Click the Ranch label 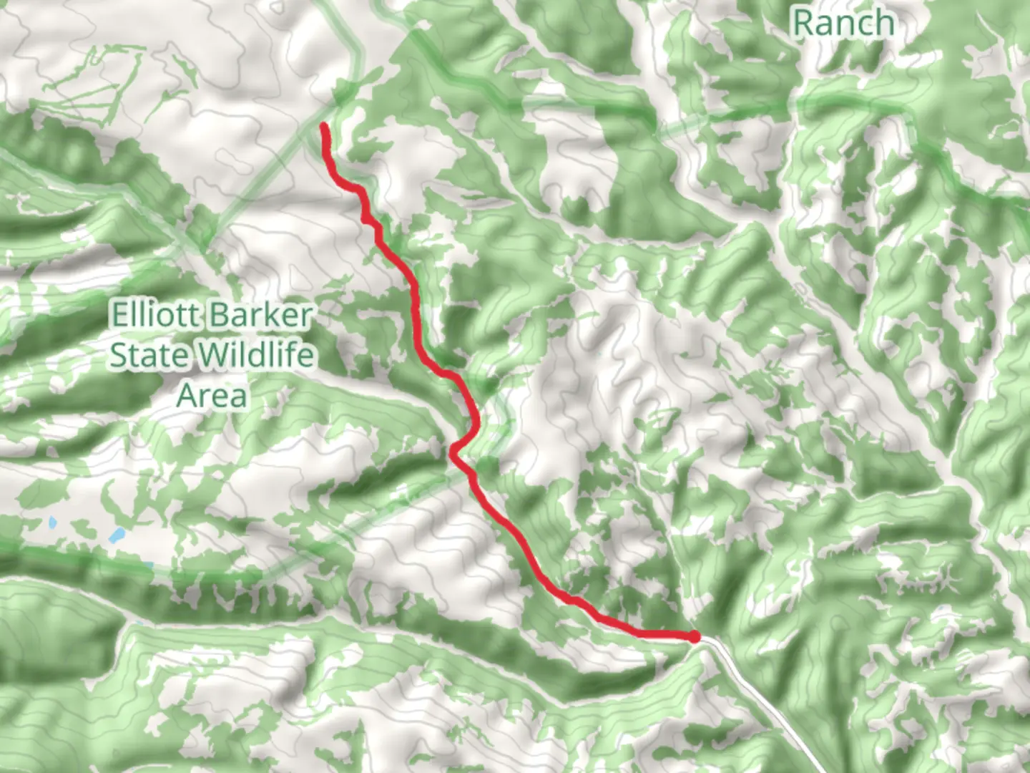click(x=843, y=23)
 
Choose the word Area click(x=212, y=395)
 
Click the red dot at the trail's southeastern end click(x=693, y=636)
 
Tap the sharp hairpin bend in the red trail click(x=453, y=451)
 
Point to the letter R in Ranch click(x=803, y=23)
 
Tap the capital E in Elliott click(x=118, y=315)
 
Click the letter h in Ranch click(x=884, y=23)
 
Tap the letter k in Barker click(x=265, y=315)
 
